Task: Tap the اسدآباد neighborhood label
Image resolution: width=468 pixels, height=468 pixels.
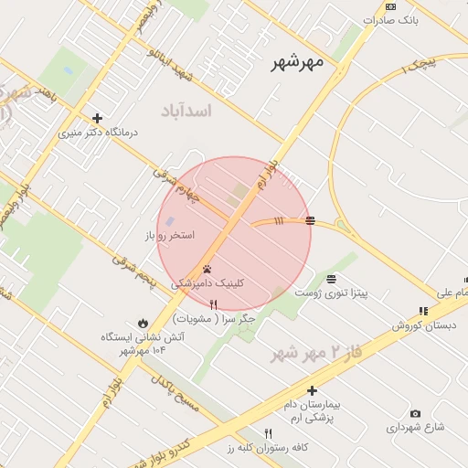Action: pos(186,111)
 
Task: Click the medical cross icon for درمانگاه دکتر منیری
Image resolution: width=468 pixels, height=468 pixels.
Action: pos(98,118)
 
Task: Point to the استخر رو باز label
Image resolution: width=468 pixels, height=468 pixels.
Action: pos(169,236)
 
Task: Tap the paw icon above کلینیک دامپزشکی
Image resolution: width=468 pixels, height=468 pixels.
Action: pos(208,270)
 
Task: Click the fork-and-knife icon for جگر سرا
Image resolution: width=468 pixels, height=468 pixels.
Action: pos(214,304)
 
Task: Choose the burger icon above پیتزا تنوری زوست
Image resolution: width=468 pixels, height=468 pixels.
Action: pos(330,279)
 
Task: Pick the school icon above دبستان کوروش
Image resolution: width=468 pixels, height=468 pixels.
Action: pos(422,312)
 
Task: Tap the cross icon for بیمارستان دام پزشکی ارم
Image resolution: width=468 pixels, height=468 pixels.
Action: pos(312,390)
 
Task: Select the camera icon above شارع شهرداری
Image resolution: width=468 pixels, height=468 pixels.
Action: pos(416,414)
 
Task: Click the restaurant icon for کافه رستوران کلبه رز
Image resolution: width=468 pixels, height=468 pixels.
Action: pos(268,433)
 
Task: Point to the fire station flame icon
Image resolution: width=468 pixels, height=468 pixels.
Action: pos(143,323)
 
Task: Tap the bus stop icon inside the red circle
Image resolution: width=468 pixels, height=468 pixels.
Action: pos(311,220)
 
